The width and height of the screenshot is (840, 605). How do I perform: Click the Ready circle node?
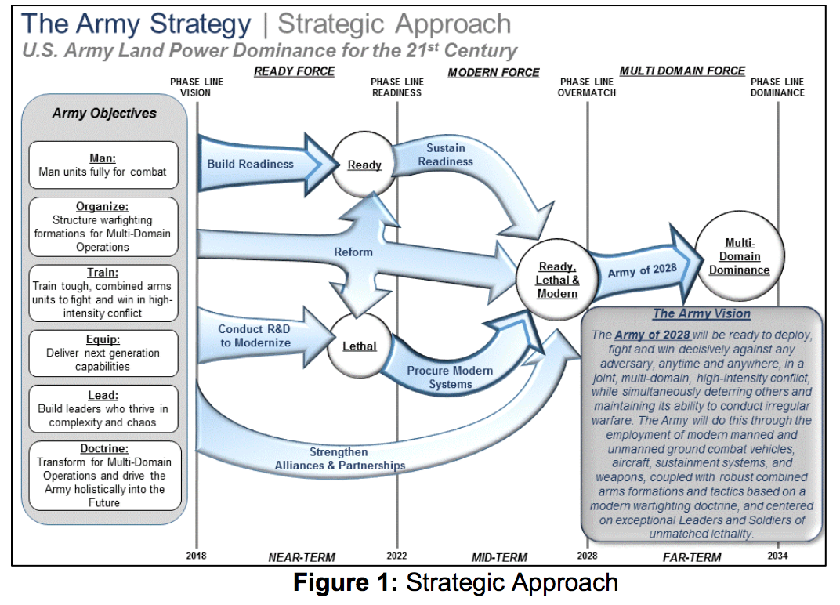click(364, 165)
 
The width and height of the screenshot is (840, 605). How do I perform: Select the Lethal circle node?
click(359, 345)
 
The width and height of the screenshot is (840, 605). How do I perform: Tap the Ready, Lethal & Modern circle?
click(557, 281)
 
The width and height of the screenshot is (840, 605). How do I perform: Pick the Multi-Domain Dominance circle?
click(739, 256)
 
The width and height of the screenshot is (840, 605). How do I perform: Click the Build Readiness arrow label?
click(250, 164)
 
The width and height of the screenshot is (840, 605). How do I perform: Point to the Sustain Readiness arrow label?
click(445, 154)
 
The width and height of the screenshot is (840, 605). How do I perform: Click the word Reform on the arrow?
click(353, 252)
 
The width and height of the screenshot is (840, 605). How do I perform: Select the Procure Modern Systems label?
click(450, 377)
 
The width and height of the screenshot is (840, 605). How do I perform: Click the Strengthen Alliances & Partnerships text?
click(339, 458)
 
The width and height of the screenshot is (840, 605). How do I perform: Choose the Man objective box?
click(103, 165)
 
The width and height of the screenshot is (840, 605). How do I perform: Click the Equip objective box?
click(103, 352)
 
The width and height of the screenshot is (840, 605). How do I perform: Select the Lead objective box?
click(103, 408)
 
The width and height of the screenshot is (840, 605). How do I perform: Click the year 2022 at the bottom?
click(396, 556)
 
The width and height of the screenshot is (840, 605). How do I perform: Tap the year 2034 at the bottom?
click(777, 556)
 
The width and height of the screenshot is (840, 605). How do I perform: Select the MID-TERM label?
click(498, 558)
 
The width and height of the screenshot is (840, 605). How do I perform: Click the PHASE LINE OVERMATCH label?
click(586, 87)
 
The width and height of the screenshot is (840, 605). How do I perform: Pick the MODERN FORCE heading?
click(494, 73)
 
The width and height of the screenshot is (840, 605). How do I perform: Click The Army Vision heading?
click(702, 314)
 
